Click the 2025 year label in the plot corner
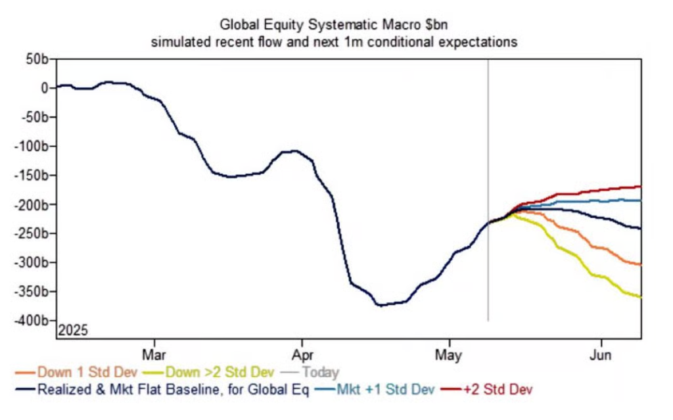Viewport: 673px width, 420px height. [x=73, y=330]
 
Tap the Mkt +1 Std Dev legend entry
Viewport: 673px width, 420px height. [x=385, y=389]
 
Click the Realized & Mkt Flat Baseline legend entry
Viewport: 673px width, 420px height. [x=164, y=389]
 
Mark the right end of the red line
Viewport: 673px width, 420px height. [x=641, y=187]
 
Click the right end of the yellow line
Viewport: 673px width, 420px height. [x=641, y=297]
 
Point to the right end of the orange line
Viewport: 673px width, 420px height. [x=641, y=264]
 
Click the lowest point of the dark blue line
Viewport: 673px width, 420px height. [x=379, y=305]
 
